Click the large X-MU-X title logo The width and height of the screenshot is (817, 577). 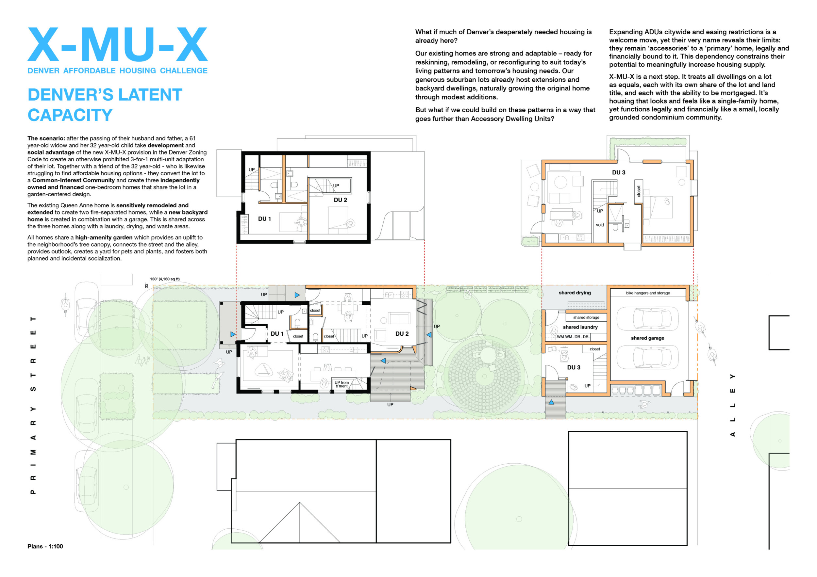tap(117, 44)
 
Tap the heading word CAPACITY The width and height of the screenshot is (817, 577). tap(70, 115)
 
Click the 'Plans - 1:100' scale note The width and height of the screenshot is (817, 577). tap(45, 546)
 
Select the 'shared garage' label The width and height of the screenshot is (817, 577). tap(648, 338)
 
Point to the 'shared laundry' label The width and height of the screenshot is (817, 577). tap(580, 327)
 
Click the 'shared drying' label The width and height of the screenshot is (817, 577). tap(575, 293)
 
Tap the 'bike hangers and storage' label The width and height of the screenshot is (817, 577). tap(648, 293)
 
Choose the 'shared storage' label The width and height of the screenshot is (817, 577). tap(586, 317)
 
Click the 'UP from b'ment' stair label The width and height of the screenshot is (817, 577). tap(342, 384)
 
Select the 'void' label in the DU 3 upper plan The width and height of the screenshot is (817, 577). tap(600, 225)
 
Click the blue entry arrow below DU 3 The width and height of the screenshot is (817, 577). tap(551, 402)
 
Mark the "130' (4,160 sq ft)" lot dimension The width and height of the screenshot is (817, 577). tap(165, 279)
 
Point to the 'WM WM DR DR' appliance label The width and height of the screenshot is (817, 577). tap(573, 337)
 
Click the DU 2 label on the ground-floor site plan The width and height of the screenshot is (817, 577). tap(402, 334)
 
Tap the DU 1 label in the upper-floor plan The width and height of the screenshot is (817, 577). tap(264, 219)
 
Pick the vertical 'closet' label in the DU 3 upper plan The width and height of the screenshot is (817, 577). tap(639, 191)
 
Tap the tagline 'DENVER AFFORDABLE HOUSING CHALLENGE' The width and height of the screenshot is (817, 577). tap(117, 71)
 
